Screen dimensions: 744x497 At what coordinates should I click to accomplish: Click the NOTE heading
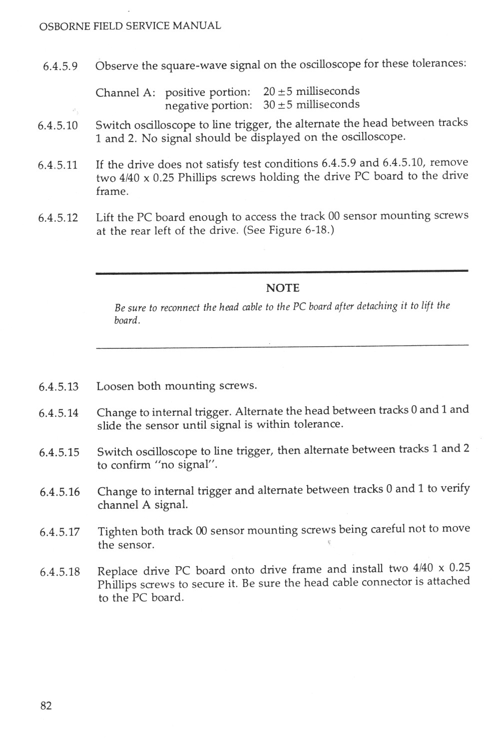pyautogui.click(x=282, y=288)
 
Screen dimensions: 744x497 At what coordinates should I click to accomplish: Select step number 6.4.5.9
pyautogui.click(x=60, y=66)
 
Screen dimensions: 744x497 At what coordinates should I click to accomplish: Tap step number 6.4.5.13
pyautogui.click(x=58, y=387)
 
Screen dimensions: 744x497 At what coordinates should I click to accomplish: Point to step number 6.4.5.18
pyautogui.click(x=59, y=572)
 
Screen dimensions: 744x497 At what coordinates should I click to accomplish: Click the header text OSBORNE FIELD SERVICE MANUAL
pyautogui.click(x=129, y=25)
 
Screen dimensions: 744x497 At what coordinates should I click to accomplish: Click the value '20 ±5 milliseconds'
pyautogui.click(x=311, y=91)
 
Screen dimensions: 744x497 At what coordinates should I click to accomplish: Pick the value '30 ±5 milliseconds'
pyautogui.click(x=311, y=104)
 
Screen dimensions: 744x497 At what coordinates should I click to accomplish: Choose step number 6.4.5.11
pyautogui.click(x=58, y=165)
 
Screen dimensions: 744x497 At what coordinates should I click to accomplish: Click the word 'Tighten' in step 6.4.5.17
pyautogui.click(x=118, y=531)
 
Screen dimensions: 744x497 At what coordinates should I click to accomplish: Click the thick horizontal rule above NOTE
pyautogui.click(x=282, y=271)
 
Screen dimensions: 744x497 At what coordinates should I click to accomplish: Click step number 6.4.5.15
pyautogui.click(x=59, y=452)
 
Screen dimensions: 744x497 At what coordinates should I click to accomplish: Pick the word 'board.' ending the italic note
pyautogui.click(x=127, y=320)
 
